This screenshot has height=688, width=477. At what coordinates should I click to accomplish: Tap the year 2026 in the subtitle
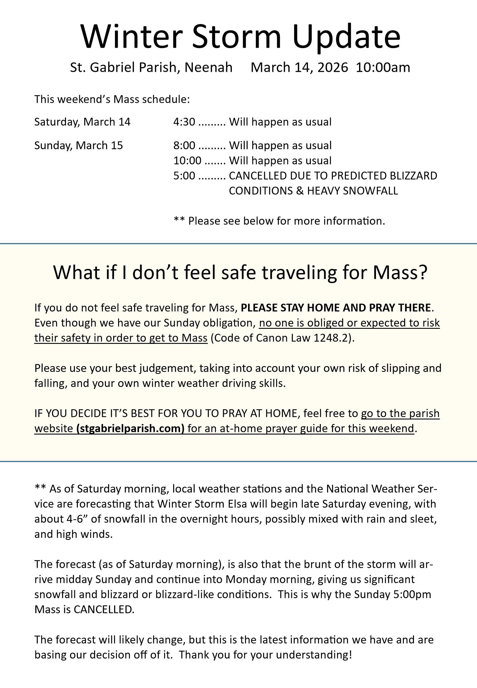point(333,67)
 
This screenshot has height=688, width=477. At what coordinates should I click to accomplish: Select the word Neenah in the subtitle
point(208,67)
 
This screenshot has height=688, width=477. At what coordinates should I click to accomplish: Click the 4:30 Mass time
point(184,122)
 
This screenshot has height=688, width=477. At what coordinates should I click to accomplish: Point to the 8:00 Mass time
point(184,146)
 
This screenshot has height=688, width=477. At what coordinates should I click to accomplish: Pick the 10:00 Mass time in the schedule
point(187,161)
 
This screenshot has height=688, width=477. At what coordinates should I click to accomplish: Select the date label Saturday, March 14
point(82,122)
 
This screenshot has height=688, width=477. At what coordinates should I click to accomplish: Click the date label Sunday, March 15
point(78,146)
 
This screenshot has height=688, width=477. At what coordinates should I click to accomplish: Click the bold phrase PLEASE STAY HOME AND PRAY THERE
point(336,308)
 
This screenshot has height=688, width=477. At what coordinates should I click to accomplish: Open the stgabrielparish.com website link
point(130,429)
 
